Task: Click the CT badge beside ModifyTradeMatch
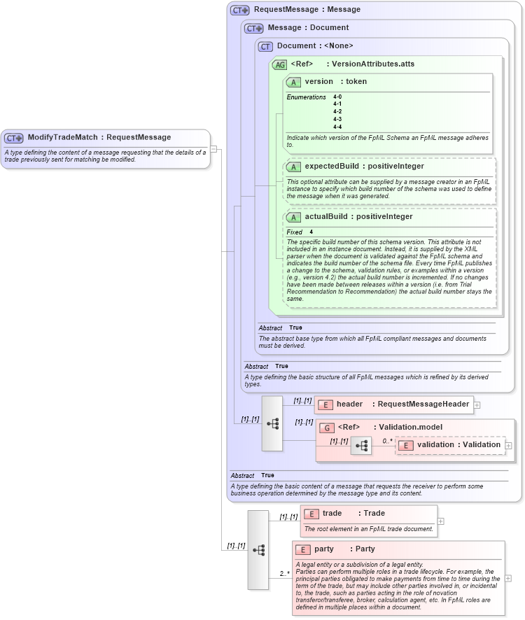(x=14, y=138)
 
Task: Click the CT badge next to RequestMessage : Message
(x=240, y=10)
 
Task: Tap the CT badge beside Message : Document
(x=253, y=28)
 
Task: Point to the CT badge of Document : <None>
(x=265, y=46)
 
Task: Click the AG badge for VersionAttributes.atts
(x=279, y=64)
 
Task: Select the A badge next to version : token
(x=293, y=82)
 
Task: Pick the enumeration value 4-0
(x=337, y=97)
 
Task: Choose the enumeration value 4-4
(x=337, y=127)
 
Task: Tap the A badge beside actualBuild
(x=293, y=217)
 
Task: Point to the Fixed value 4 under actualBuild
(x=311, y=232)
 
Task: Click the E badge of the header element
(x=325, y=404)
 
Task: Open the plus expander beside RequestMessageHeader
(x=477, y=404)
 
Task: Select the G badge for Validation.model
(x=326, y=428)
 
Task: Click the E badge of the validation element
(x=405, y=445)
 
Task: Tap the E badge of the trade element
(x=311, y=514)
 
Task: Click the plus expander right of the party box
(x=507, y=578)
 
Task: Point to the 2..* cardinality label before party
(x=285, y=574)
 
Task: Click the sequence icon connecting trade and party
(x=258, y=550)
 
